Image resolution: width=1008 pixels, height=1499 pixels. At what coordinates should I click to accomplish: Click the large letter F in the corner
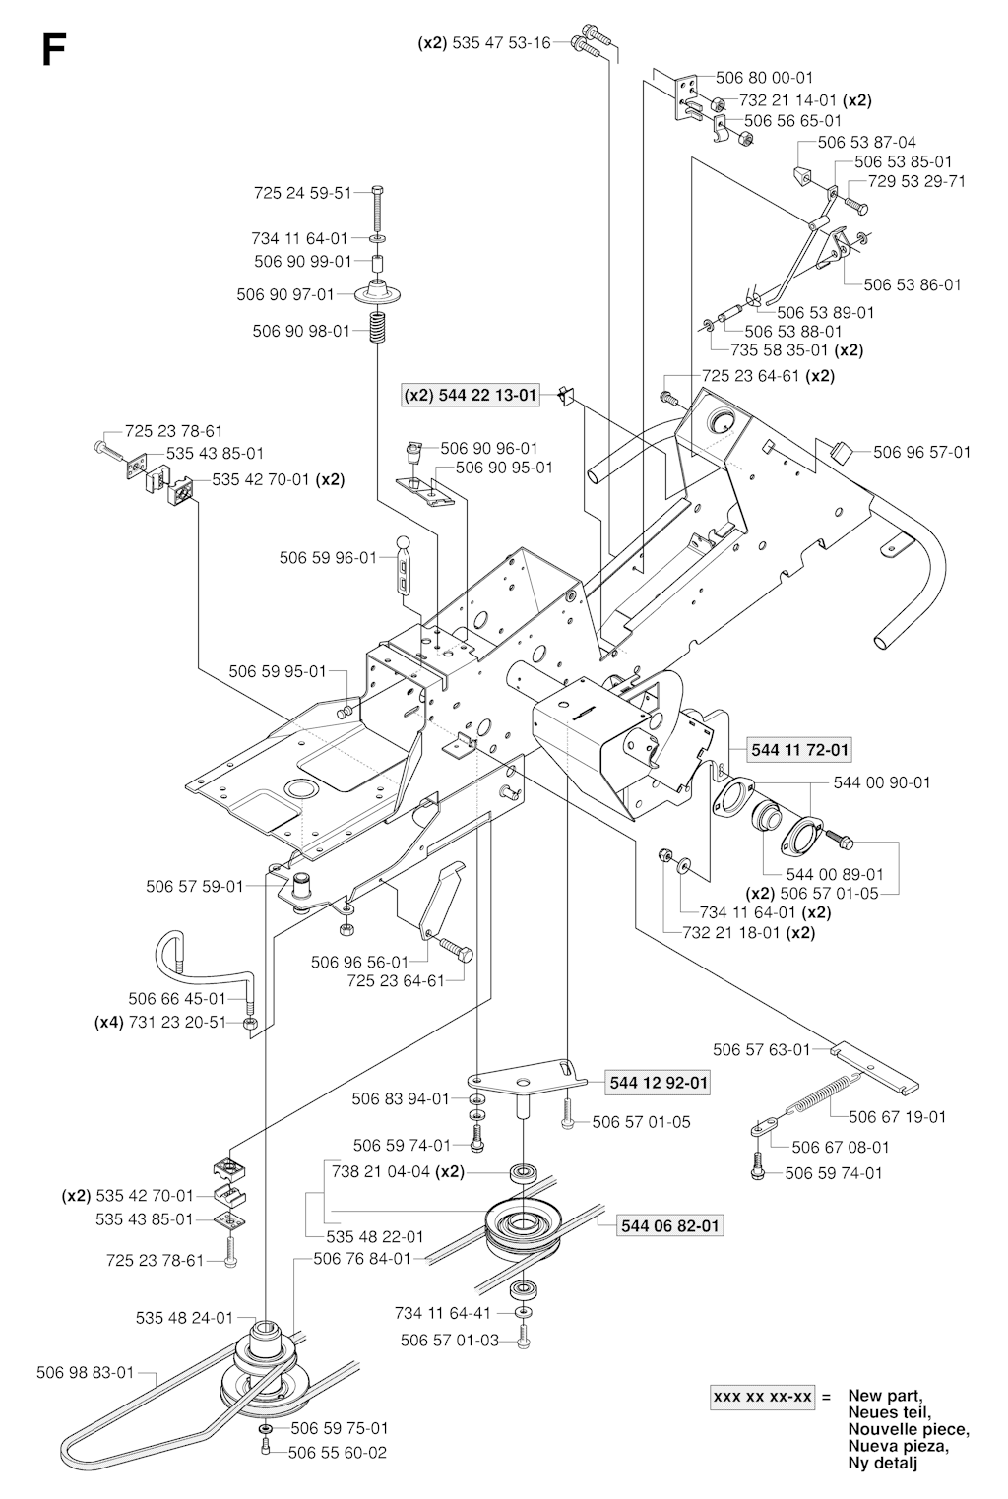(54, 49)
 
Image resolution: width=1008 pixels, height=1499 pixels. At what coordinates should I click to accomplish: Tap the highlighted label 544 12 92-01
(659, 1083)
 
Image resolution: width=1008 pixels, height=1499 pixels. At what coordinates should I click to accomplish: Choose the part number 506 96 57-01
(921, 452)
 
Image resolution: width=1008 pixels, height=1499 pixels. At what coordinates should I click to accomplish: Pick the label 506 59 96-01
(328, 558)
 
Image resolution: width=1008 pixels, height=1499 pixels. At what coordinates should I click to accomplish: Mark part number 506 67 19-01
(897, 1116)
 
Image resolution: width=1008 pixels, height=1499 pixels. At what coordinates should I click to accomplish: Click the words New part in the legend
(886, 1396)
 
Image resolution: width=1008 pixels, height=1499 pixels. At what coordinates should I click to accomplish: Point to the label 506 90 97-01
(285, 293)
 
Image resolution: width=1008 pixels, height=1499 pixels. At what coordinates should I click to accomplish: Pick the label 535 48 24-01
(184, 1318)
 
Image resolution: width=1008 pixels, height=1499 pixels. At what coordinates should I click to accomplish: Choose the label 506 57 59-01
(194, 886)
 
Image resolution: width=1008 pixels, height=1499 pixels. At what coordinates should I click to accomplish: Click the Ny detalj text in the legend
(882, 1464)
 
